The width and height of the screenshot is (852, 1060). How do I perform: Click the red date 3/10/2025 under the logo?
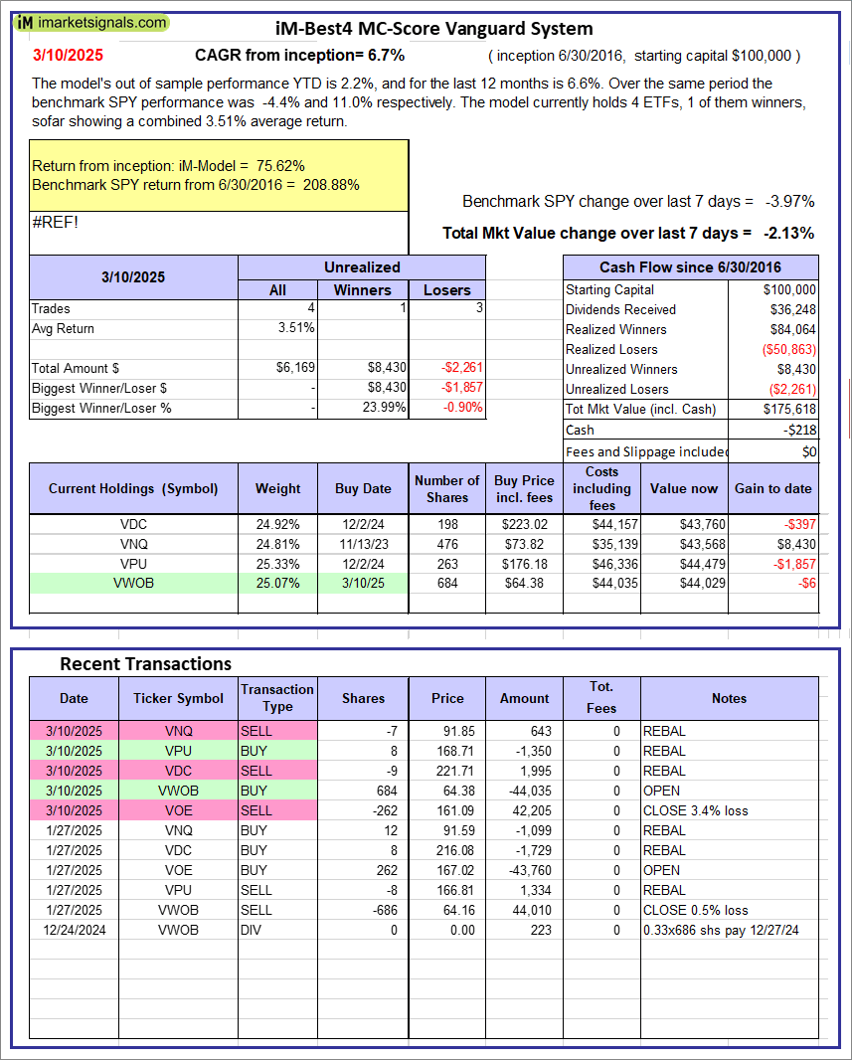tap(67, 56)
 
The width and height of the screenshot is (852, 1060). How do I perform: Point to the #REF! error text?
tap(55, 222)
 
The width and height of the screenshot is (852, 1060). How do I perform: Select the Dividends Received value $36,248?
tap(792, 309)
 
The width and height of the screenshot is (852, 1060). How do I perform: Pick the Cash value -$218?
tap(799, 430)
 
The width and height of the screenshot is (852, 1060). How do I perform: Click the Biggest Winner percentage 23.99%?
tap(382, 408)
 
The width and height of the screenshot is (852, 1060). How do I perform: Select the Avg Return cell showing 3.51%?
tap(295, 328)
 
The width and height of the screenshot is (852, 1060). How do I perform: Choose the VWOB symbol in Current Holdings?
tap(133, 583)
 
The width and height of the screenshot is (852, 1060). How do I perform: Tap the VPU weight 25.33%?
tap(277, 563)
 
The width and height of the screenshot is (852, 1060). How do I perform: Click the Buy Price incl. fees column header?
tap(525, 488)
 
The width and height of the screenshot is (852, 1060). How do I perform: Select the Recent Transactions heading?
tap(145, 663)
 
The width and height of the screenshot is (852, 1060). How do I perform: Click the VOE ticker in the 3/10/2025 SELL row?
tap(179, 810)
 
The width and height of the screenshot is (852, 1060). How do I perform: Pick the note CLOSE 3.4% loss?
tap(695, 810)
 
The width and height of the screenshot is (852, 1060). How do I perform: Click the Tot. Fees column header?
tap(601, 698)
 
